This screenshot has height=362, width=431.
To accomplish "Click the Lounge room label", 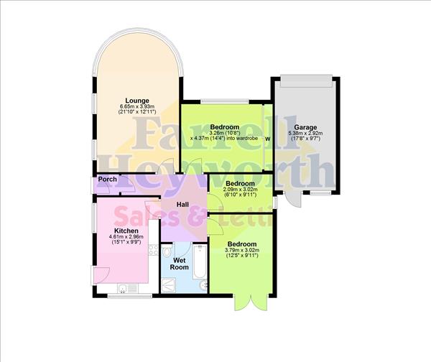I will click(136, 100).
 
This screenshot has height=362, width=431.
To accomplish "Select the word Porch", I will click(108, 180).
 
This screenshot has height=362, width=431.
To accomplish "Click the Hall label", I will click(182, 205).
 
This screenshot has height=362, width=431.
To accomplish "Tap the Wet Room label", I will click(180, 264).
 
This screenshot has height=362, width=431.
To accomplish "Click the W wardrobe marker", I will click(268, 138).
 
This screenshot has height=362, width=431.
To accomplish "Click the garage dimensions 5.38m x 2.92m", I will click(305, 133).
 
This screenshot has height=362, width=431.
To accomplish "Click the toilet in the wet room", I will click(167, 252).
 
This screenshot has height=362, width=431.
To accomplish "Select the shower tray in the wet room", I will click(167, 284).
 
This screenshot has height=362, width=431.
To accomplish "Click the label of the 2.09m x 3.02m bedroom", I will click(240, 184).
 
